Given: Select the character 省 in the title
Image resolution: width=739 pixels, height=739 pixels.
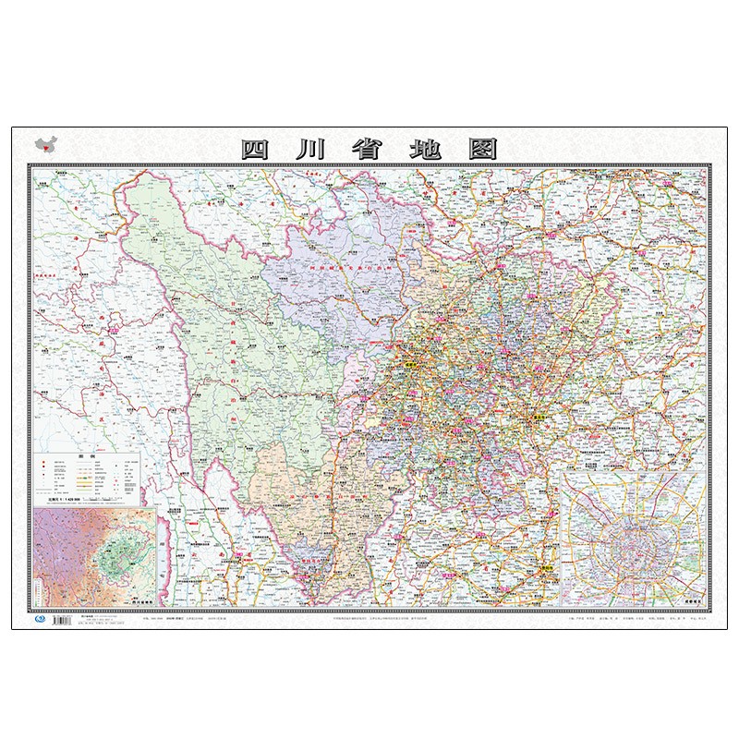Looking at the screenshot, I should click(369, 149).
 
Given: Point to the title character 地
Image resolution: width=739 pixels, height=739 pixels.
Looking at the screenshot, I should click(426, 149).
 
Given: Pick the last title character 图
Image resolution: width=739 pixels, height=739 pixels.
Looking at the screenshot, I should click(482, 149).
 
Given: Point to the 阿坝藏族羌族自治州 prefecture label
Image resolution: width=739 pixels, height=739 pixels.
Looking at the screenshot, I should click(325, 268).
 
